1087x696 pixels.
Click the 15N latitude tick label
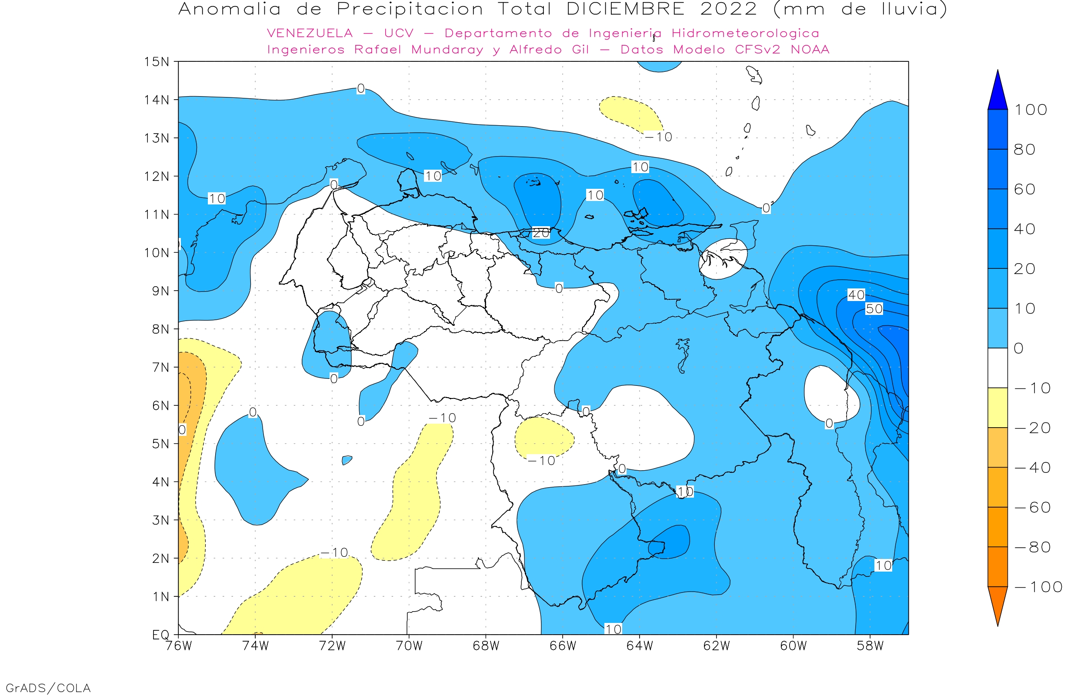tap(156, 62)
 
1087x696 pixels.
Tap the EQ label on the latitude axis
tap(160, 635)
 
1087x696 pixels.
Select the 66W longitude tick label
tap(563, 646)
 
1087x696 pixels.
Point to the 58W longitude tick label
tap(870, 646)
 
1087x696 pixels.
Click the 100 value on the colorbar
tap(1030, 110)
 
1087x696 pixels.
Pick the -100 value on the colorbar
tap(1038, 587)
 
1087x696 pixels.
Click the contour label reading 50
tap(874, 309)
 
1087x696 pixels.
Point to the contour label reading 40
tap(856, 295)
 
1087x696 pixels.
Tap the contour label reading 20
tap(540, 233)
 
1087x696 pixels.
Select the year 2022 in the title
tap(728, 10)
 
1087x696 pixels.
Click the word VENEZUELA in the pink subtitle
tap(310, 33)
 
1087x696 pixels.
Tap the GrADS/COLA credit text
tap(48, 688)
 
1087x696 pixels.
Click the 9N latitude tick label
tap(160, 291)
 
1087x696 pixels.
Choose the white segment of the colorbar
tap(997, 368)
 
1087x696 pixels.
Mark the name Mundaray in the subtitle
tap(447, 50)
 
